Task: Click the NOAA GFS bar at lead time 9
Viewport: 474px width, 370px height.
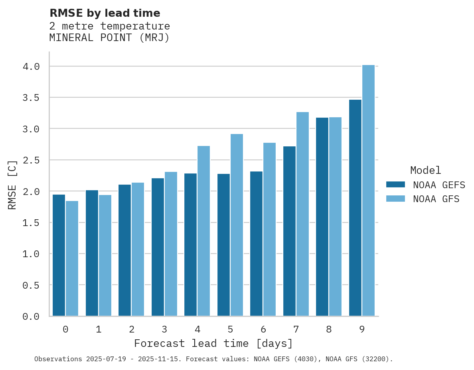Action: pyautogui.click(x=368, y=191)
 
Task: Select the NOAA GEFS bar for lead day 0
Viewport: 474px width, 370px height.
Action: pyautogui.click(x=59, y=255)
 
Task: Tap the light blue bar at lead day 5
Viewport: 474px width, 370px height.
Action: pyautogui.click(x=237, y=225)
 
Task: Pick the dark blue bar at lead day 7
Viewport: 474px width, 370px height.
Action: pyautogui.click(x=290, y=231)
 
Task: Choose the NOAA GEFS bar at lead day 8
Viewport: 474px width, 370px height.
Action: pyautogui.click(x=322, y=217)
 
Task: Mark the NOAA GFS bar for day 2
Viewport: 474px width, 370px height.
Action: pyautogui.click(x=138, y=249)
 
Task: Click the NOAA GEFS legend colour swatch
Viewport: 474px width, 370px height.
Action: pyautogui.click(x=395, y=185)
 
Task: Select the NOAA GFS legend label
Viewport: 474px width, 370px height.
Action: pyautogui.click(x=436, y=199)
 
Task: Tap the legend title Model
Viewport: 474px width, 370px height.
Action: pyautogui.click(x=426, y=170)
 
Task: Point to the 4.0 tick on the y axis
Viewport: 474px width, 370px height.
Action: pyautogui.click(x=31, y=67)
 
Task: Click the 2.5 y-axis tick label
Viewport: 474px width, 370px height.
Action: pyautogui.click(x=31, y=160)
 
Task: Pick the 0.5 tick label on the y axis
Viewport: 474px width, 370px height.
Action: pyautogui.click(x=31, y=285)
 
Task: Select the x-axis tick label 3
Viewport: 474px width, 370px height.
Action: pyautogui.click(x=164, y=329)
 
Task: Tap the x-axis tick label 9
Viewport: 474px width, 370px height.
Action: pyautogui.click(x=362, y=329)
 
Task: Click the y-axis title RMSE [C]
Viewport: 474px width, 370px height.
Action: pyautogui.click(x=13, y=185)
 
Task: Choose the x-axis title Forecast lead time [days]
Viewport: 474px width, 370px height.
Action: pyautogui.click(x=213, y=343)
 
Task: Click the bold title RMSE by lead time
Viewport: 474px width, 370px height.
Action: pyautogui.click(x=105, y=13)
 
